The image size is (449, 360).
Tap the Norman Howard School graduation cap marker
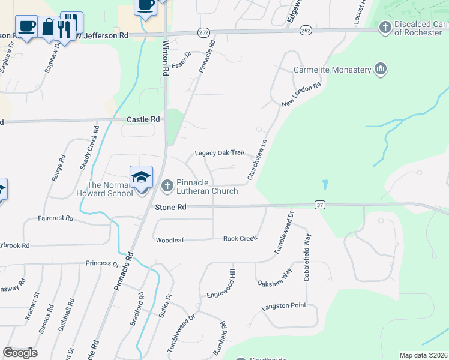[141, 178]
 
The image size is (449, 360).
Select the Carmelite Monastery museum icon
[380, 70]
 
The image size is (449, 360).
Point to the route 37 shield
[319, 205]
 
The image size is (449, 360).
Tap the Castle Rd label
[143, 119]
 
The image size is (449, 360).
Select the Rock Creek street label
[240, 238]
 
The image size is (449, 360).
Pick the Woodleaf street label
[169, 240]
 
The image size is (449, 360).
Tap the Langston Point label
[283, 306]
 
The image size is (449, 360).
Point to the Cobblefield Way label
[307, 254]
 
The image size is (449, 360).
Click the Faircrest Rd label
[55, 218]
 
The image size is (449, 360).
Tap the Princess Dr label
[102, 263]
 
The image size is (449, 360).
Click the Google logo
[20, 353]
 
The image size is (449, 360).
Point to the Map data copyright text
[424, 355]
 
